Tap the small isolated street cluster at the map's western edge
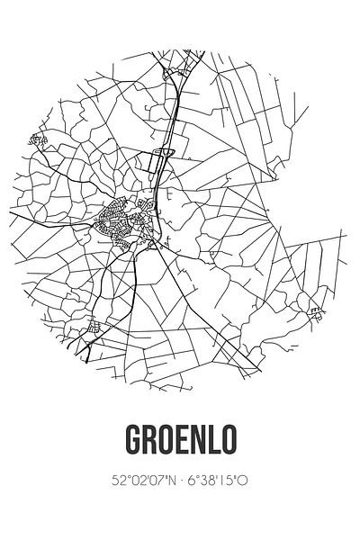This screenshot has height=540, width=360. pyautogui.click(x=38, y=139)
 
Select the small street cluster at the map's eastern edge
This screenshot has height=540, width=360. pyautogui.click(x=316, y=312)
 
